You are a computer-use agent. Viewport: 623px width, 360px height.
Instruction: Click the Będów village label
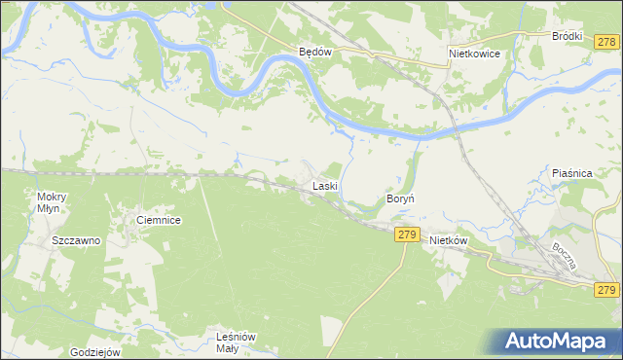tap(315, 54)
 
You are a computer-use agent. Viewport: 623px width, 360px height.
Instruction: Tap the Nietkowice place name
tap(474, 54)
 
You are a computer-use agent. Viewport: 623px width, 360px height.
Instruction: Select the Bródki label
tap(567, 36)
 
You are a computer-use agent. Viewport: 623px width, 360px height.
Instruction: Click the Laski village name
tap(324, 185)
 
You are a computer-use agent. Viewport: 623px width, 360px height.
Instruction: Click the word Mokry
tap(44, 196)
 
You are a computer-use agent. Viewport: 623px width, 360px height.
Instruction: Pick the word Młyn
tap(46, 208)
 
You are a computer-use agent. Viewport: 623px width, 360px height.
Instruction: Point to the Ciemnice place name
tap(160, 221)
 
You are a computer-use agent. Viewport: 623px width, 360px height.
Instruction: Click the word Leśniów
tap(236, 337)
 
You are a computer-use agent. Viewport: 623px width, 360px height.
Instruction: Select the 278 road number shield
tap(607, 41)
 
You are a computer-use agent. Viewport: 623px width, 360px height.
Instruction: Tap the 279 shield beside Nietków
tap(407, 234)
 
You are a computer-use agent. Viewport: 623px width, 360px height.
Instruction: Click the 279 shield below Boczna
tap(606, 290)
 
